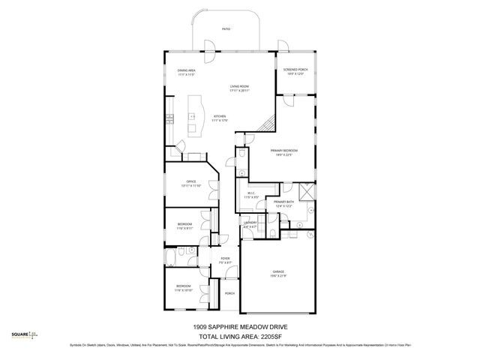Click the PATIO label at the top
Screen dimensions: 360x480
[226, 28]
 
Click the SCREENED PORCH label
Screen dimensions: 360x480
[295, 71]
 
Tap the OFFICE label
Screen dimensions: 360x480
[191, 183]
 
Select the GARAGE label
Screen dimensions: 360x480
[278, 272]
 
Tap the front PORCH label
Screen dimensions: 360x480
[230, 293]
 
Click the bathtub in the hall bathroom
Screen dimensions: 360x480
[172, 260]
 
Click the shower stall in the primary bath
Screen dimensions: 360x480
[305, 192]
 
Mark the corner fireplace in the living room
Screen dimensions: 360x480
[267, 125]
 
